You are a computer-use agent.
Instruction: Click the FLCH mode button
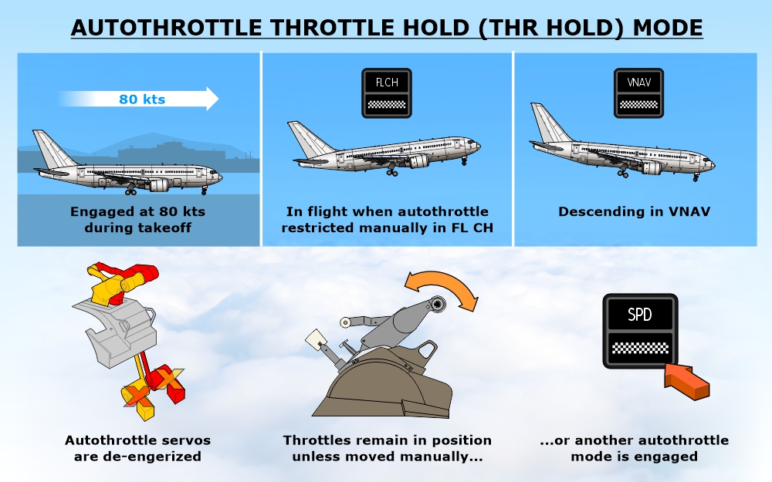(x=387, y=93)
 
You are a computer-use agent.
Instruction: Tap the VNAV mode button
(x=638, y=93)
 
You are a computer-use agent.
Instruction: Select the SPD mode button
(x=640, y=331)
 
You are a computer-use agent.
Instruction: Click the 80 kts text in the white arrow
(x=142, y=99)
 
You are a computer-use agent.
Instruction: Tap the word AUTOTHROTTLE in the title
(x=166, y=28)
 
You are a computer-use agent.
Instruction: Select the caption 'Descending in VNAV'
(x=634, y=211)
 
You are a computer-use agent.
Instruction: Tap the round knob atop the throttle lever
(x=437, y=305)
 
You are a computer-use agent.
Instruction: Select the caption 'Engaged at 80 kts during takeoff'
(x=138, y=219)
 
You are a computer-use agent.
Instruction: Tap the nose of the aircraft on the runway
(x=218, y=177)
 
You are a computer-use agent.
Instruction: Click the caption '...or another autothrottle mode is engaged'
(x=634, y=448)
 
